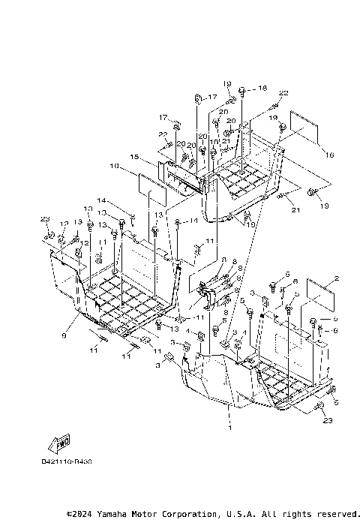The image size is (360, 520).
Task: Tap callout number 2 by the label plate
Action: [x=337, y=278]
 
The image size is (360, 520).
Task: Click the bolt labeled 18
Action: [x=244, y=89]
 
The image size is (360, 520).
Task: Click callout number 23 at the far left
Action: [x=45, y=218]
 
